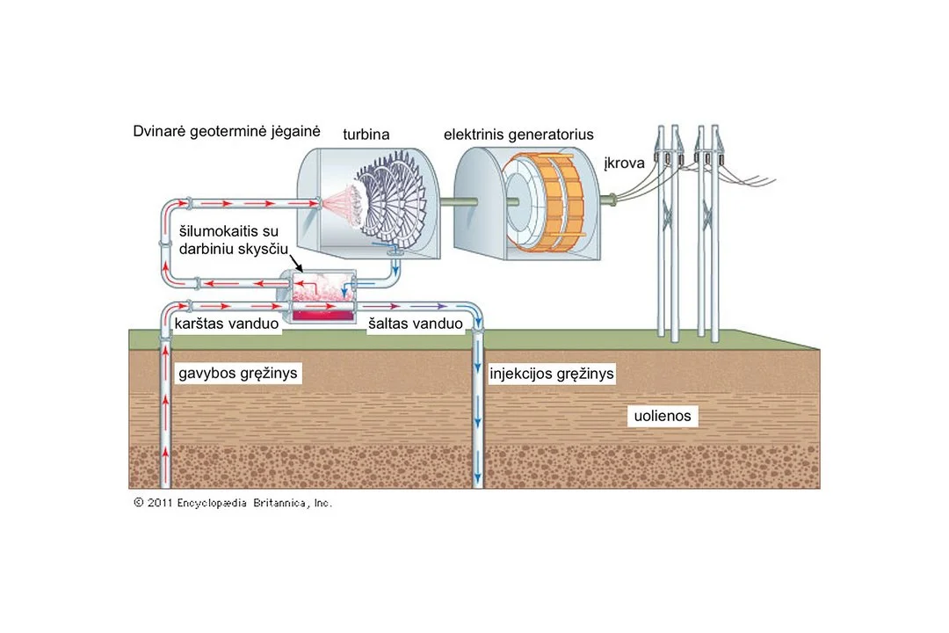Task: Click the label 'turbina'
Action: (366, 134)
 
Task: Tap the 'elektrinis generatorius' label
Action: (518, 134)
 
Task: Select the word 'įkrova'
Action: (624, 163)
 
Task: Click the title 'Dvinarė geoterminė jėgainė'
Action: (227, 132)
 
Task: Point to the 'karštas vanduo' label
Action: (227, 324)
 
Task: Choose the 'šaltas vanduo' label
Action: (415, 324)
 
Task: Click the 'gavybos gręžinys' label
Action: (238, 373)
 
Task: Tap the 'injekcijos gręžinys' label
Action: (551, 373)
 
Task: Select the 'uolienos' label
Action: (663, 416)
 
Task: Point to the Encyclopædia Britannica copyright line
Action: (232, 503)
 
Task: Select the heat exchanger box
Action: (320, 297)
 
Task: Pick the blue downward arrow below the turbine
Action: (395, 266)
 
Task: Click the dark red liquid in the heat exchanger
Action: (322, 315)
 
